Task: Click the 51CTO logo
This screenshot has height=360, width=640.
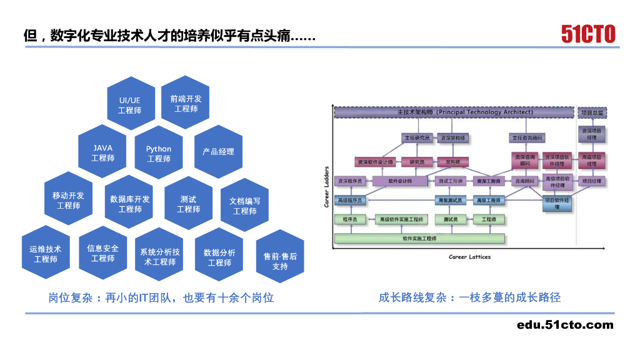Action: (x=587, y=34)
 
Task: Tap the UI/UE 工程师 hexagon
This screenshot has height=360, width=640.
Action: (x=130, y=104)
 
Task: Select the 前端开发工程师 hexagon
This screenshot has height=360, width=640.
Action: (x=186, y=103)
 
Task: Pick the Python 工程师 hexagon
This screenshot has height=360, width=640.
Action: (x=159, y=153)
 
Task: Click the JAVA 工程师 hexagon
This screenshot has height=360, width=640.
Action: (x=102, y=152)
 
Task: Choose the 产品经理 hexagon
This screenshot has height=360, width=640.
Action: (x=218, y=152)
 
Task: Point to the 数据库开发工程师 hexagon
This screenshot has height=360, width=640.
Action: (x=130, y=204)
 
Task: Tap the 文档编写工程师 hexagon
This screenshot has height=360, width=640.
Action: (x=245, y=206)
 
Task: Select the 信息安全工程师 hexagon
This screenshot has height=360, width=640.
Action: (x=102, y=253)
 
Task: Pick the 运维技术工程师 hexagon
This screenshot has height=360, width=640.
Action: (x=46, y=254)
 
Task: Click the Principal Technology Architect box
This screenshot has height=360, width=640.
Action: (x=454, y=112)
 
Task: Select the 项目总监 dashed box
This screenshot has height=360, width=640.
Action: (x=591, y=113)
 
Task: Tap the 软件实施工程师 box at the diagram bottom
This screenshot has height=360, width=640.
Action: (x=419, y=238)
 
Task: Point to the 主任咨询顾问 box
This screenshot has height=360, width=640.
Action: (x=527, y=137)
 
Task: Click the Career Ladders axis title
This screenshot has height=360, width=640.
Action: (x=326, y=187)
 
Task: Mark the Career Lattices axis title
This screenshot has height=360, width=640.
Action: (x=469, y=257)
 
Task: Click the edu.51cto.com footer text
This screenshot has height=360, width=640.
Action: (x=565, y=324)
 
